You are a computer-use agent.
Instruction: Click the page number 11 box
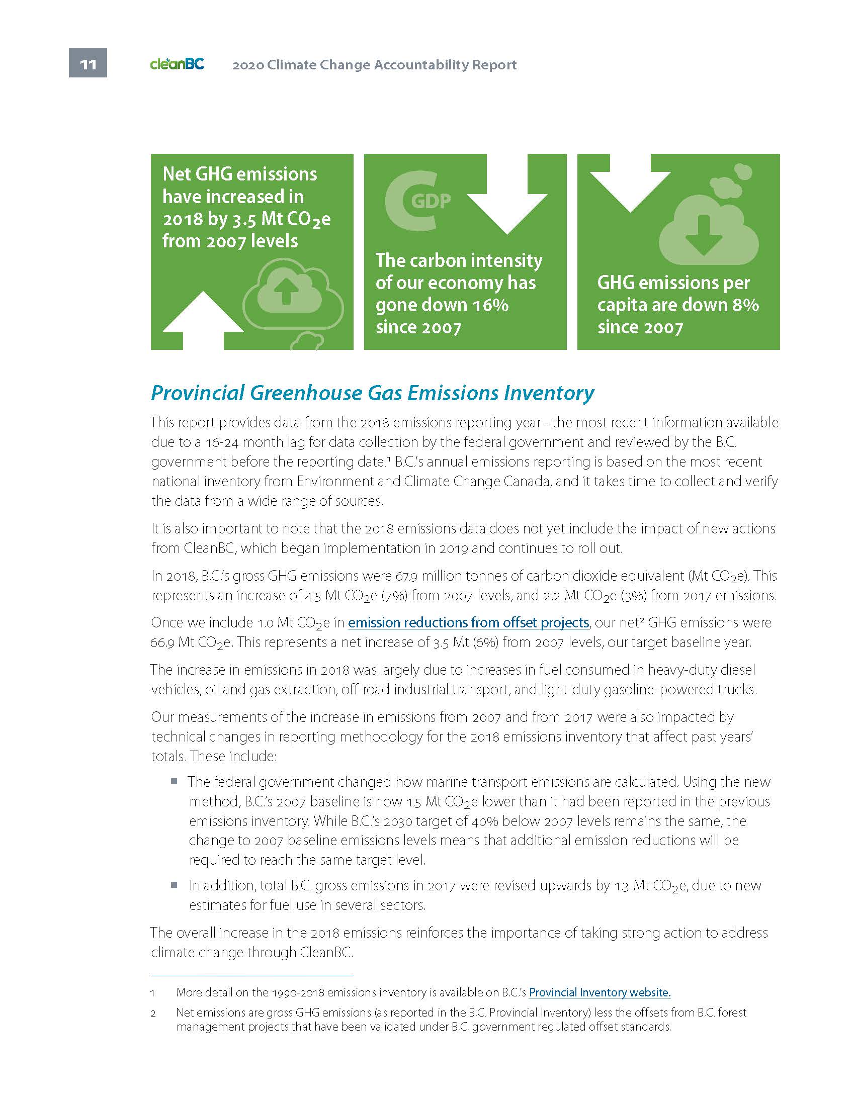(88, 63)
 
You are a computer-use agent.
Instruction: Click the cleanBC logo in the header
(177, 64)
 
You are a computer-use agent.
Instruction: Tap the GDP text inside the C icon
(430, 201)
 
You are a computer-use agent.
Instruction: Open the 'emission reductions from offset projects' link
(468, 622)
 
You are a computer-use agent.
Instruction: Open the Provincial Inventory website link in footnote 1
(600, 992)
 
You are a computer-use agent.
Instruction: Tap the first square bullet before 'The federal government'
(174, 781)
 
